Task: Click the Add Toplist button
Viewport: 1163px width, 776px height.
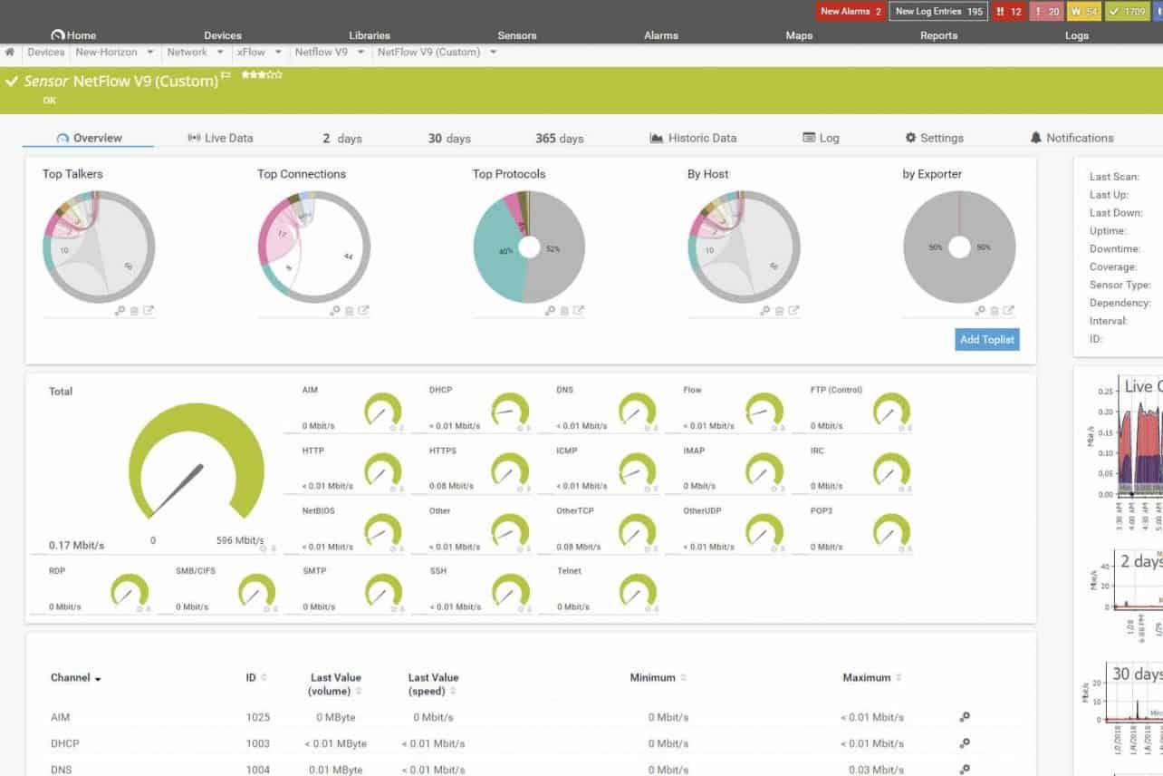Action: coord(987,340)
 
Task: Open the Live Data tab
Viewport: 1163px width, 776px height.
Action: coord(220,139)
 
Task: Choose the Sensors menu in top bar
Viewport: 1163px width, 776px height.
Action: coord(517,35)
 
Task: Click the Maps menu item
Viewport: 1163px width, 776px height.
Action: coord(799,35)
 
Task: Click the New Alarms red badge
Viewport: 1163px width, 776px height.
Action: coord(851,12)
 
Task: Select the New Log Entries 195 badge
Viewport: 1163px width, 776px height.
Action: coord(937,12)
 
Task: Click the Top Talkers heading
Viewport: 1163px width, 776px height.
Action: coord(72,174)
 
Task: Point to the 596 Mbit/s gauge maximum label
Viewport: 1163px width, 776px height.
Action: coord(240,540)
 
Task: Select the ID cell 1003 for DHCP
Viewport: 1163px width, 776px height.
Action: coord(257,743)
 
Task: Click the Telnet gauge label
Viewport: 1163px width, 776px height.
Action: coord(570,571)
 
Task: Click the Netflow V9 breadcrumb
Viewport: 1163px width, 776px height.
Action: coord(322,53)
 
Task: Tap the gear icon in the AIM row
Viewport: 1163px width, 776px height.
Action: coord(965,717)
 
